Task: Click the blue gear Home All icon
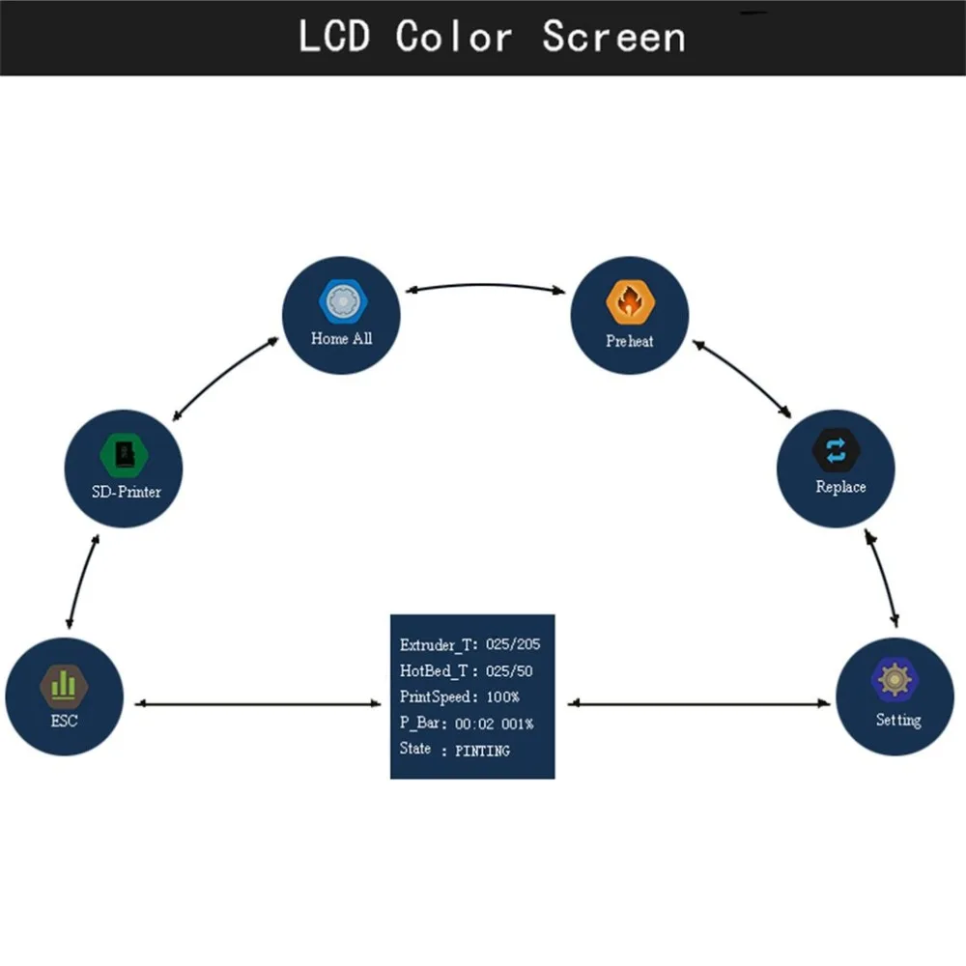click(x=340, y=301)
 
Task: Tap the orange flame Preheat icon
click(x=629, y=302)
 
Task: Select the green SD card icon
click(x=121, y=454)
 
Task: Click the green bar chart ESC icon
click(x=64, y=684)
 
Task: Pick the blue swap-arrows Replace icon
click(x=837, y=450)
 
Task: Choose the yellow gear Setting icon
click(x=895, y=680)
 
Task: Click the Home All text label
click(x=341, y=339)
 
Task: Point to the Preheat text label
click(x=629, y=341)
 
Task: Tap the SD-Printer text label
click(x=120, y=492)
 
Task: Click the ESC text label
click(x=64, y=720)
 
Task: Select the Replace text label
click(x=840, y=487)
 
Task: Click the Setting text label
click(x=898, y=720)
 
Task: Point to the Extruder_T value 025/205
click(x=513, y=644)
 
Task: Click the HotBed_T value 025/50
click(x=507, y=670)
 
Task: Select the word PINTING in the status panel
click(x=483, y=750)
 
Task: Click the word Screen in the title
click(x=612, y=38)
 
